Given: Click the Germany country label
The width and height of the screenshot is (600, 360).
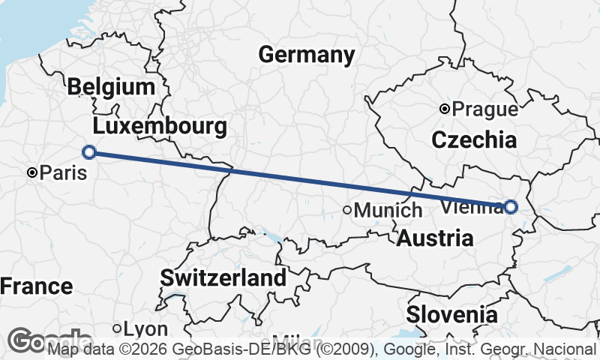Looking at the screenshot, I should point(306,55).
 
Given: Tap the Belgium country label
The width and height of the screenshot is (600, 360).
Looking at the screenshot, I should point(110,87).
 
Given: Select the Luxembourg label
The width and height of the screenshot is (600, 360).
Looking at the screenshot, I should point(160,125).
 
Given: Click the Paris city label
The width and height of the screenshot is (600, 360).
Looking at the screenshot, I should point(63,173).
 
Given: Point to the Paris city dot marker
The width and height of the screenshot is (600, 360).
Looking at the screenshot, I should point(32,172).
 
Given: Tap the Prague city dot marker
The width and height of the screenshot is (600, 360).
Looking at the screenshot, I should point(445,109).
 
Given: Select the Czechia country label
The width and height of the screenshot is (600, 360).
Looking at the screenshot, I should point(474,139).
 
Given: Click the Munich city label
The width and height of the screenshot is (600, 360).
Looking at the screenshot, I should point(388,211).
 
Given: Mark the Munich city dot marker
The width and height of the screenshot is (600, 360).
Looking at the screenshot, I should point(347,210).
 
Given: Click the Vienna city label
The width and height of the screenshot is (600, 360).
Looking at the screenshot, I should point(472,205).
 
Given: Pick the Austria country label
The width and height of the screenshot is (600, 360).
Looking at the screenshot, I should point(435,238).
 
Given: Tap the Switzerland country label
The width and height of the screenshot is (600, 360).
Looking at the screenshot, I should point(223,277).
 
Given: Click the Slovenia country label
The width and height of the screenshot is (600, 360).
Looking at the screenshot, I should point(451,314).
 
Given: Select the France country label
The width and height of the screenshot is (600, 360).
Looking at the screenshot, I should point(36,286).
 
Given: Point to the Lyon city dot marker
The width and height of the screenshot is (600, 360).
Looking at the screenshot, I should point(117,328).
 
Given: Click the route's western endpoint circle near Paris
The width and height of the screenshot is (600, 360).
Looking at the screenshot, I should point(88,152).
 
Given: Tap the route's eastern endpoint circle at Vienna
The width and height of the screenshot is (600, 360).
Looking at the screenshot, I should point(511,206).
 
